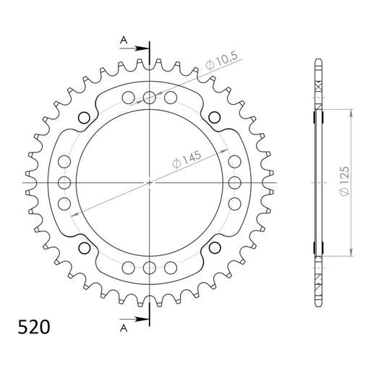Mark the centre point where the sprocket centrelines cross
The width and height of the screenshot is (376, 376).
click(149, 182)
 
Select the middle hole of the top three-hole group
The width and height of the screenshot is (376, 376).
click(149, 97)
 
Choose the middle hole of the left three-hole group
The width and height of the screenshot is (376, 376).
click(64, 182)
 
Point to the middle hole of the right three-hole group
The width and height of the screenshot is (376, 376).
click(235, 182)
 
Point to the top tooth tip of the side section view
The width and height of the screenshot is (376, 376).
click(318, 60)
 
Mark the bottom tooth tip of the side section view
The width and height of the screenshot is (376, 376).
click(318, 304)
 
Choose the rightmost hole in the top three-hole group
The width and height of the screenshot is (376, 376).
click(171, 97)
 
